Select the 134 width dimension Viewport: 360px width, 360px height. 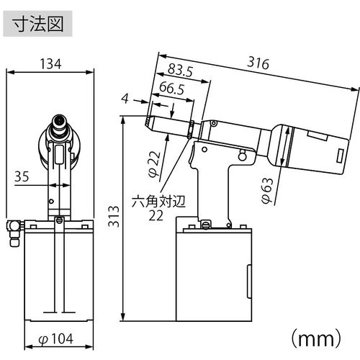point(50,63)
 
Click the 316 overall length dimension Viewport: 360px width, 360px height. point(258,64)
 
